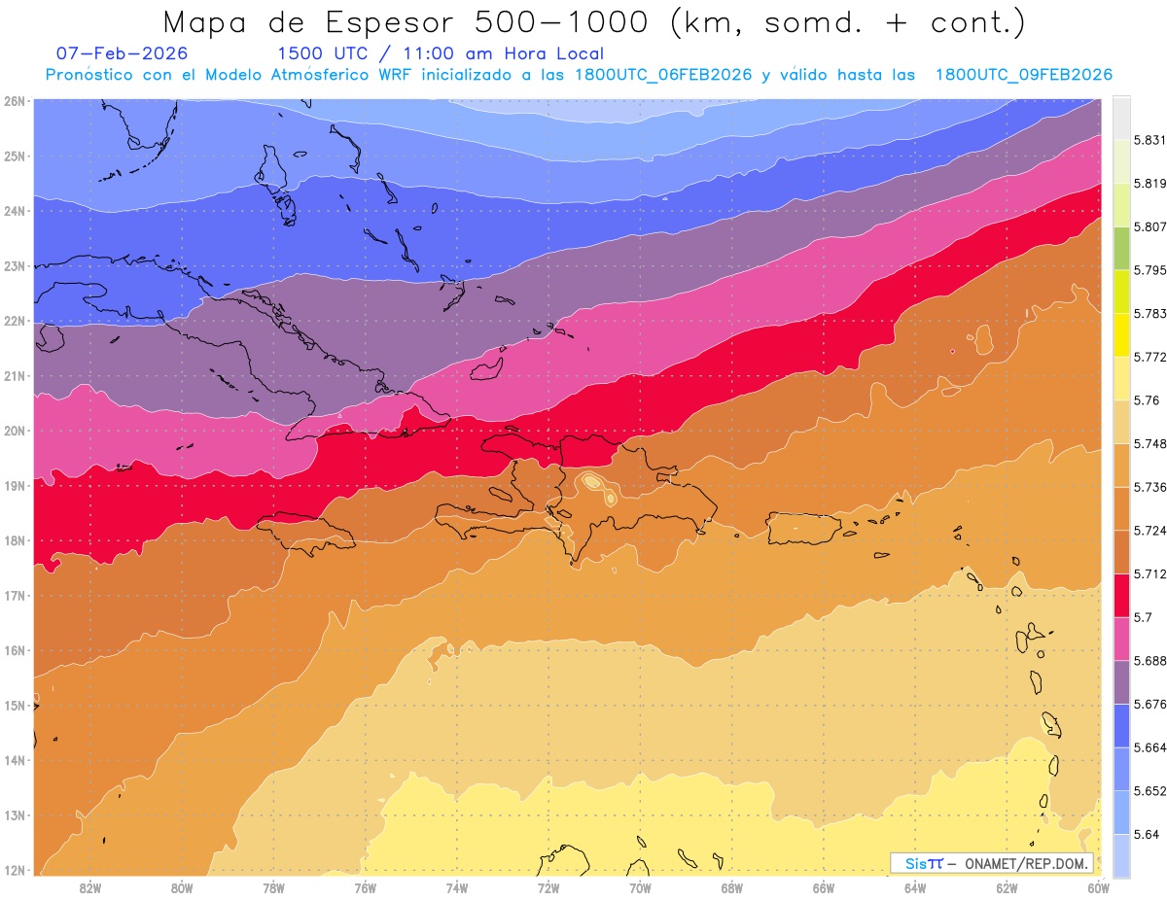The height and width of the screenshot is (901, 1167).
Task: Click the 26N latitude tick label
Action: pyautogui.click(x=15, y=100)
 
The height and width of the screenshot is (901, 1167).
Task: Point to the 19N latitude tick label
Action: pyautogui.click(x=15, y=486)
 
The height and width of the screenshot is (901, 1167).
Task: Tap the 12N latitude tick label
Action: pyautogui.click(x=15, y=870)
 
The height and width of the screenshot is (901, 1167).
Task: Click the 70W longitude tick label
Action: pyautogui.click(x=640, y=887)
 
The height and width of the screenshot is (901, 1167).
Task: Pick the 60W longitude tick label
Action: pyautogui.click(x=1098, y=887)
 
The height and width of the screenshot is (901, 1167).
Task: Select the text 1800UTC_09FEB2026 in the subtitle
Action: pyautogui.click(x=1023, y=75)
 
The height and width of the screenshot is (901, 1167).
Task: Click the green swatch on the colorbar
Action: pyautogui.click(x=1121, y=250)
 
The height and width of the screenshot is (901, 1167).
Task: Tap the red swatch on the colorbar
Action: pyautogui.click(x=1121, y=595)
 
